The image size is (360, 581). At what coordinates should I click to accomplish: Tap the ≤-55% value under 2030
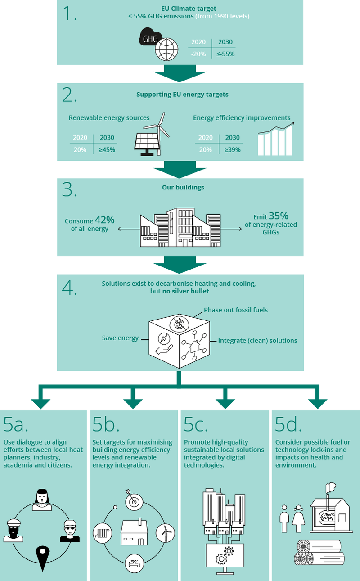tap(225, 54)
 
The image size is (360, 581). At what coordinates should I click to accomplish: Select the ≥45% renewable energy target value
tap(107, 150)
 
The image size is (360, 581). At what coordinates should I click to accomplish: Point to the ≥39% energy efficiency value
tap(232, 150)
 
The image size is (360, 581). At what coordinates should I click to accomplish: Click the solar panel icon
tap(147, 144)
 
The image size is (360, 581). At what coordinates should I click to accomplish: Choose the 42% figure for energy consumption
tap(105, 220)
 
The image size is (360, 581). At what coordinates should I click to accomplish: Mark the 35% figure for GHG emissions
tap(279, 216)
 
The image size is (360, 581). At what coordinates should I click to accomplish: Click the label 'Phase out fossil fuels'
tap(236, 310)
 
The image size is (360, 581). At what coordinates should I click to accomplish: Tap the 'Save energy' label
tap(120, 338)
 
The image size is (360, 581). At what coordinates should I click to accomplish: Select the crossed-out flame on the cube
tap(179, 324)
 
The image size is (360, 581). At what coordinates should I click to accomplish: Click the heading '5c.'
tap(196, 424)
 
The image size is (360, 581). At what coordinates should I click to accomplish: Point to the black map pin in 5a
tap(43, 558)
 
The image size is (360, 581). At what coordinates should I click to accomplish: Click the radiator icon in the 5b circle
tap(102, 533)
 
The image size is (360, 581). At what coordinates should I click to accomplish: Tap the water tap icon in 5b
tap(135, 563)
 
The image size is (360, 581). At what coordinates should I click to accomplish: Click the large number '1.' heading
tap(70, 14)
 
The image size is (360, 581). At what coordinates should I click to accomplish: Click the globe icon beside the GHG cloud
tap(167, 50)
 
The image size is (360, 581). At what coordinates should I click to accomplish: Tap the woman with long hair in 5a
tap(42, 500)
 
